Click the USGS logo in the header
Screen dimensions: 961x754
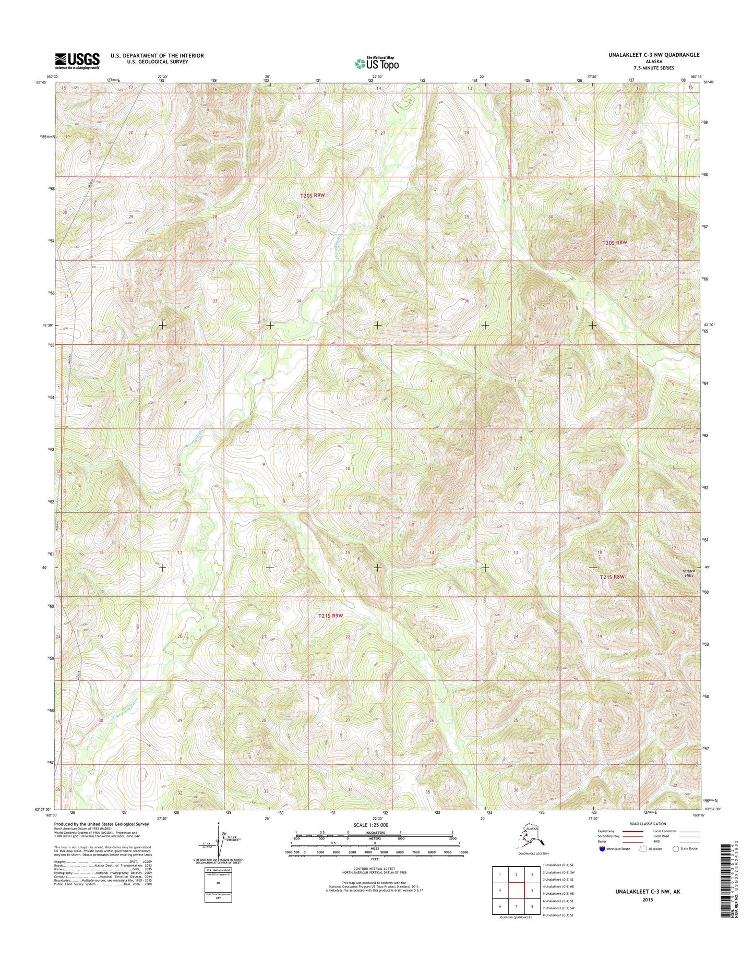[77, 61]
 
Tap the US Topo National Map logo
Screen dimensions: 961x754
[377, 63]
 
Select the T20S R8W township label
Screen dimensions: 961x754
[614, 243]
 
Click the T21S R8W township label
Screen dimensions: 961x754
[612, 576]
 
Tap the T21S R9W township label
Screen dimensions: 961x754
[331, 616]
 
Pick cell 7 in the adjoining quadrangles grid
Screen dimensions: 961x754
[516, 906]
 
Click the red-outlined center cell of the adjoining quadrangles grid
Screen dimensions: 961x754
[516, 891]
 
